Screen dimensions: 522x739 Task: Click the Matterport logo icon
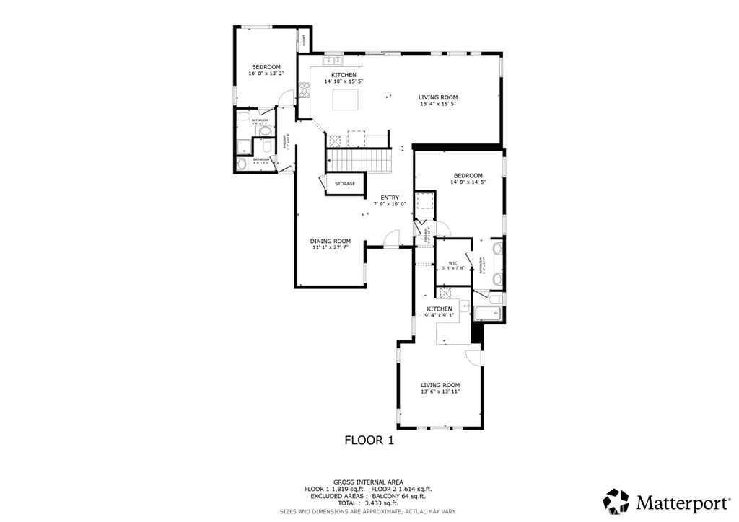point(616,500)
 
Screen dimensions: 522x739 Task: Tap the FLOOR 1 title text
point(368,440)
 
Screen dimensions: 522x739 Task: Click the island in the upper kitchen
point(346,99)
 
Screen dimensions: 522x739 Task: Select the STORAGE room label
point(344,184)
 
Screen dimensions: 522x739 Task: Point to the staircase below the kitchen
point(359,156)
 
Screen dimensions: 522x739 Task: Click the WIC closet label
point(453,263)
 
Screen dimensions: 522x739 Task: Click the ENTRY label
point(390,198)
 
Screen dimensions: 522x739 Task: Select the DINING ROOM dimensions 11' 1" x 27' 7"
point(331,247)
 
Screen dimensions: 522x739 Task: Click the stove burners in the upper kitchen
point(305,91)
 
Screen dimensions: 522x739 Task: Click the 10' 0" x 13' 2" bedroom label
point(266,70)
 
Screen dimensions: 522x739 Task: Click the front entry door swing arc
point(391,237)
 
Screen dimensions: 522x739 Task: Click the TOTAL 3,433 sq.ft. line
point(368,503)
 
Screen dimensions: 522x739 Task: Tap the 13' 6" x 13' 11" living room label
point(440,389)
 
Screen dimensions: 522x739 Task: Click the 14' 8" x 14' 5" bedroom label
point(468,180)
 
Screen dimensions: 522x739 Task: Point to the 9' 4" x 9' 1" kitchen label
point(440,311)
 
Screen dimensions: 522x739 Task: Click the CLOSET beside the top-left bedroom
point(304,41)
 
